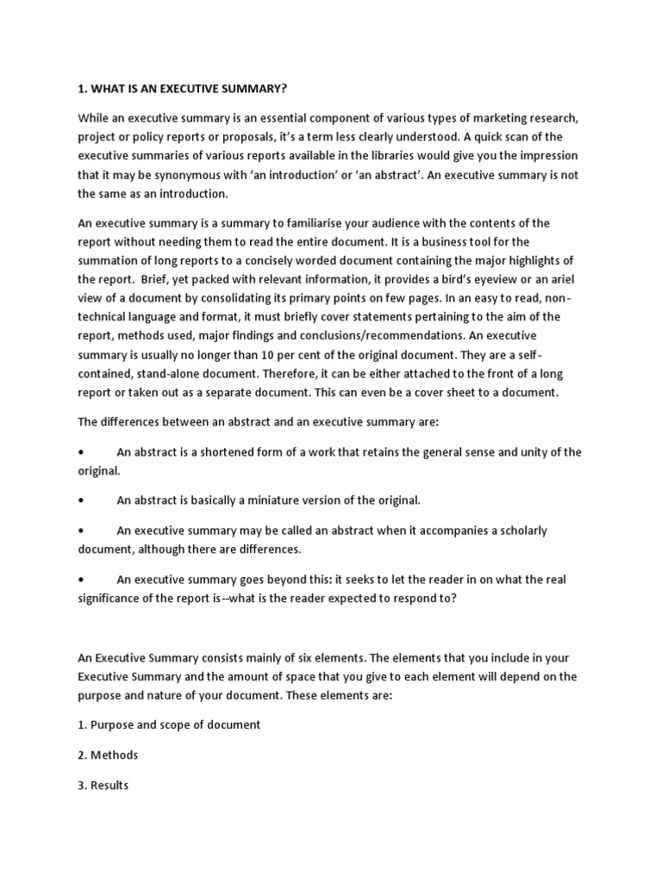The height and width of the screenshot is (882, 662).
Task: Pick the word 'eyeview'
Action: [498, 280]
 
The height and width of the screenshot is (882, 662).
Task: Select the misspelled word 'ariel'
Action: [558, 280]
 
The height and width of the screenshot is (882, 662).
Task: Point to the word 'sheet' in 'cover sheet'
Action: [460, 393]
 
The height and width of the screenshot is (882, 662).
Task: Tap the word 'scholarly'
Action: [519, 531]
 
